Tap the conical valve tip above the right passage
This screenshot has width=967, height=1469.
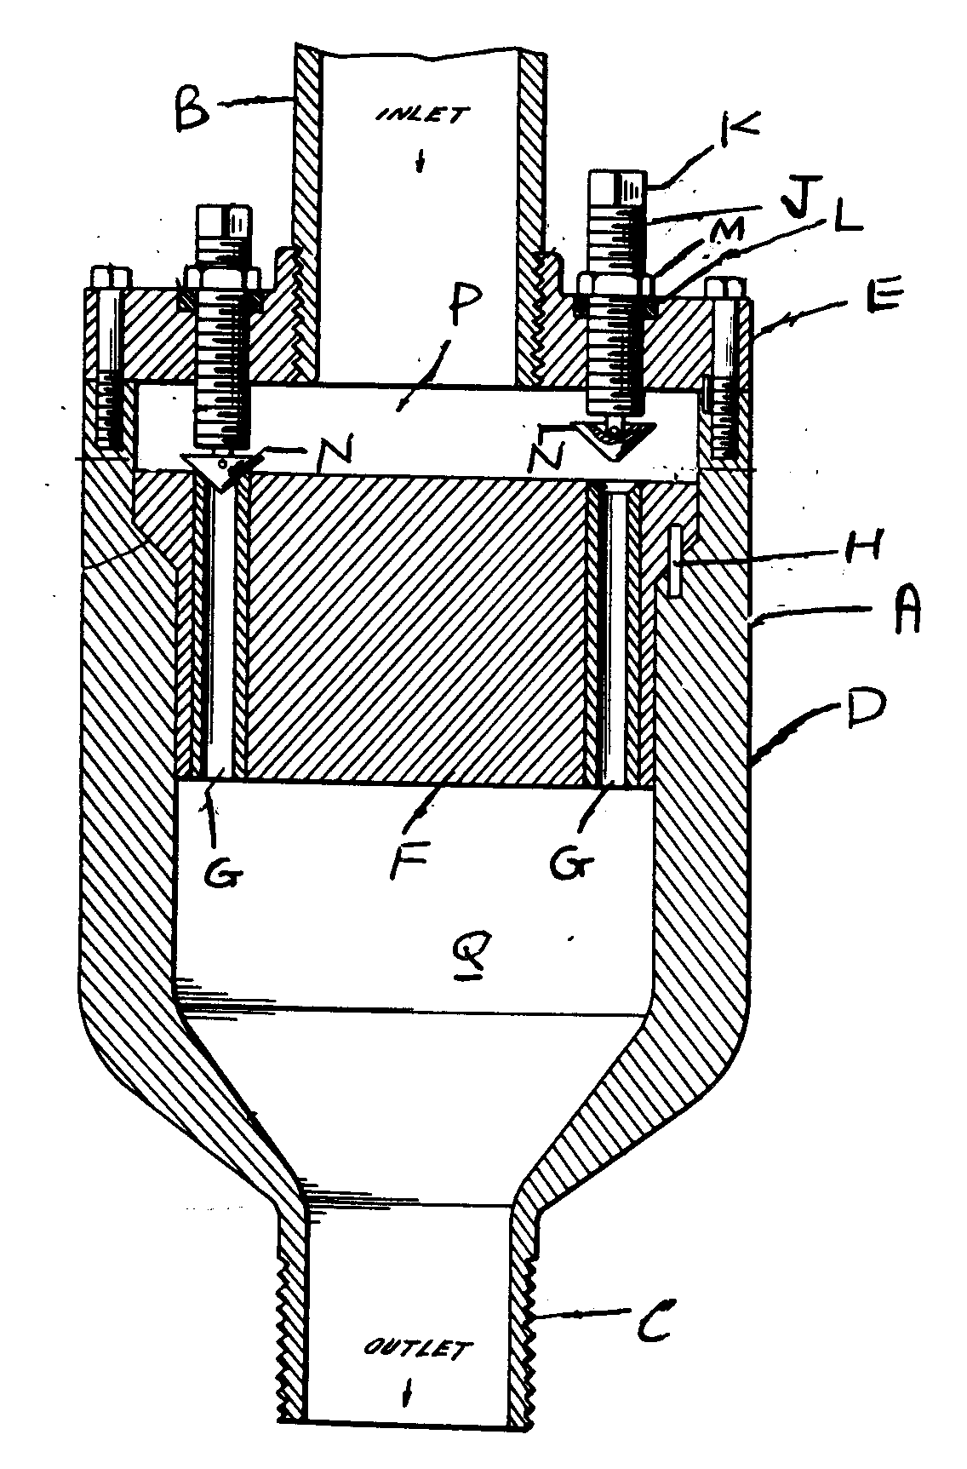coord(613,439)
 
